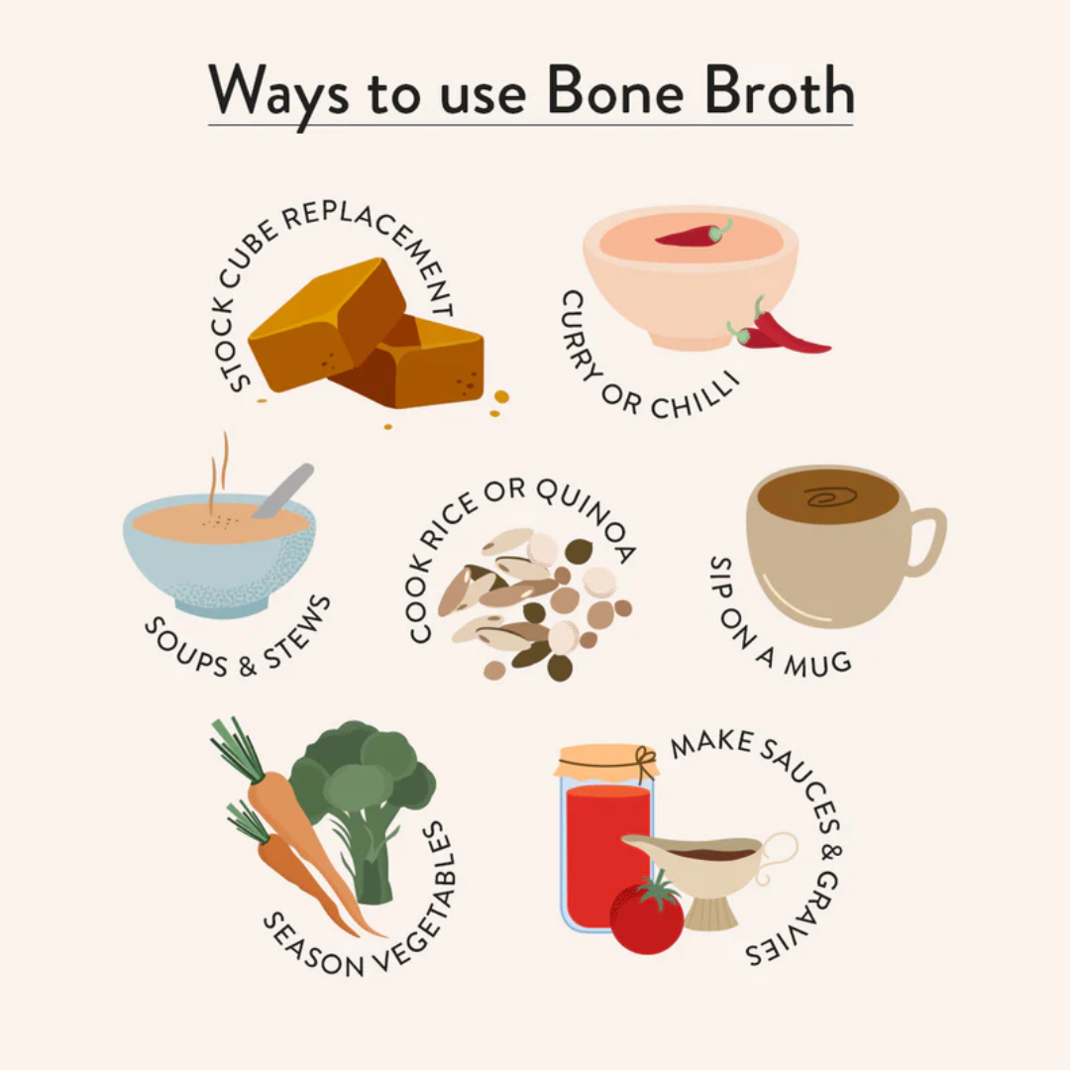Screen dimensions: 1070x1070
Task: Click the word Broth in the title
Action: click(x=779, y=91)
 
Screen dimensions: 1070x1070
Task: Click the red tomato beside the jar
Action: click(x=647, y=915)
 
